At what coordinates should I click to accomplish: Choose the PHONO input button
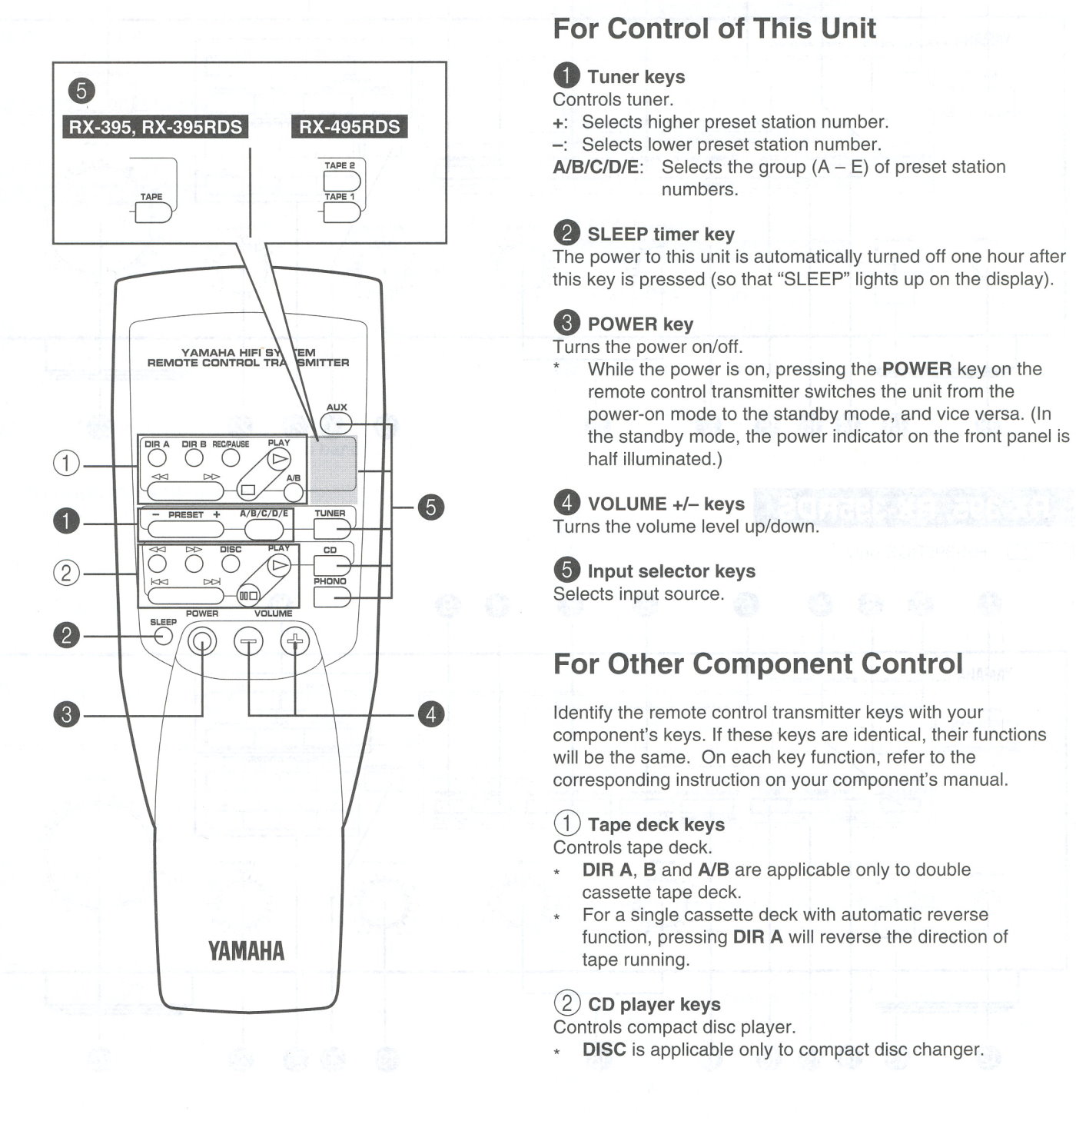(x=332, y=597)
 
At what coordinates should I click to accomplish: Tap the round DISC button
(x=231, y=564)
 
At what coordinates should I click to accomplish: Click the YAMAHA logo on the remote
(x=245, y=951)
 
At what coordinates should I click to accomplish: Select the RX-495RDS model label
(x=350, y=127)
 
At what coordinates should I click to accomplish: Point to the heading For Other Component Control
(x=757, y=664)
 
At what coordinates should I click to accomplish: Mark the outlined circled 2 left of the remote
(x=66, y=573)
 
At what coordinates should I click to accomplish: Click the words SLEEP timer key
(x=660, y=234)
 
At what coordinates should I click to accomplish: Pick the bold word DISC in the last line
(x=604, y=1049)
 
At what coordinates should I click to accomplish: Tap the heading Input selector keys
(x=671, y=571)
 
